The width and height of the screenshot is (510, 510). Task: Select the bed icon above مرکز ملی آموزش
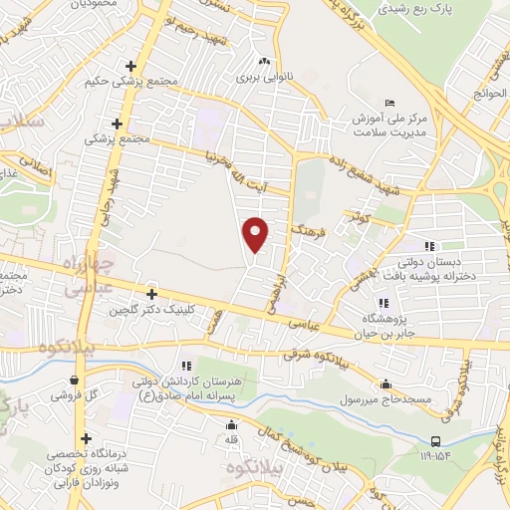[x=389, y=103]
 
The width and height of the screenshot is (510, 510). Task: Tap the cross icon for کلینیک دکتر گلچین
[x=151, y=294]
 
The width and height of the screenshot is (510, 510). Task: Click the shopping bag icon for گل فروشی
[x=75, y=379]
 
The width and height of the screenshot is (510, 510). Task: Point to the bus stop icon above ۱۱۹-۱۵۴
[x=435, y=441]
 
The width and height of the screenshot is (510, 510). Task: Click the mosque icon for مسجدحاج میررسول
[x=386, y=383]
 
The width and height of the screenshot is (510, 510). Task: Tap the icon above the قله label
[x=231, y=425]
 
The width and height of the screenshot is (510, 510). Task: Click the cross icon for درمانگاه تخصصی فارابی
[x=87, y=438]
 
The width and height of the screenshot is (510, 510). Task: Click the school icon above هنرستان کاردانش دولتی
[x=186, y=365]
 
